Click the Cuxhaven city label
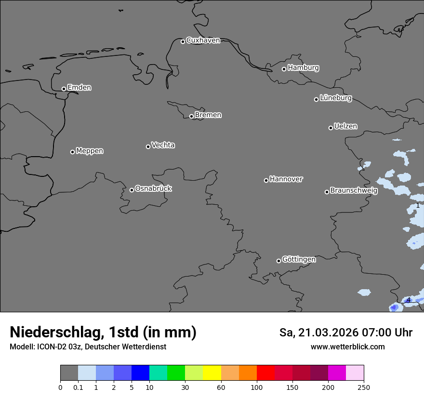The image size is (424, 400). coord(203,40)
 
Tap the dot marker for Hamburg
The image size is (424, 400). coord(284,69)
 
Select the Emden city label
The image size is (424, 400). coord(79,88)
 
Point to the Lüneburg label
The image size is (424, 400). coord(335,98)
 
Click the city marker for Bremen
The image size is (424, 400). coord(191,116)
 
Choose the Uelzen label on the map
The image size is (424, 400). coord(345,127)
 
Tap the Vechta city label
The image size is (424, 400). coord(163,146)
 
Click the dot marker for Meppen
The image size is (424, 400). coord(72,152)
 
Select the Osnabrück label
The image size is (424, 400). coord(153,189)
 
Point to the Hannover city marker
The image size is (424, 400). coord(266,180)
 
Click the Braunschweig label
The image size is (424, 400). coord(354,191)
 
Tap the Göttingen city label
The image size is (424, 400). coord(299,260)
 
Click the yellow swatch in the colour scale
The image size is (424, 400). coord(212,373)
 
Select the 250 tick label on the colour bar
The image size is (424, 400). coord(364,387)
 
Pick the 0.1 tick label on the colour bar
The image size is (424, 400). coord(78,387)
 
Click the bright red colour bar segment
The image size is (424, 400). coord(265,373)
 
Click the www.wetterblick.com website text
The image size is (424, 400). coord(347,347)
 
